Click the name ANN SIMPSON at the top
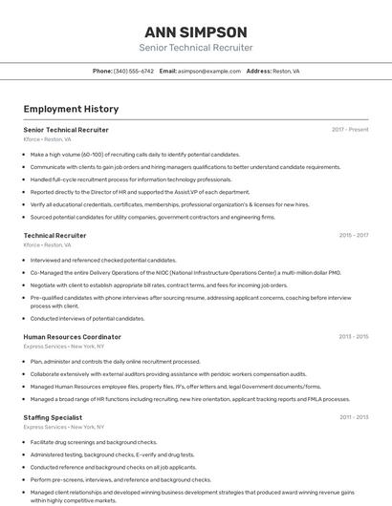point(195,32)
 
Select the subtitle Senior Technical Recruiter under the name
point(195,48)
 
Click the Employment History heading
point(71,110)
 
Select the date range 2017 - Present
point(350,130)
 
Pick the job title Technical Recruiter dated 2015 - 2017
point(54,235)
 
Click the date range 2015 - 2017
point(353,235)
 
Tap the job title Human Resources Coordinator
point(72,337)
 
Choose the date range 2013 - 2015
point(353,337)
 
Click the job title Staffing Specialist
point(53,417)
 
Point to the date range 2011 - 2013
point(353,417)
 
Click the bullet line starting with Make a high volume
point(135,154)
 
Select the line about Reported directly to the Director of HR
point(140,192)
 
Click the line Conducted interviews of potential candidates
point(87,318)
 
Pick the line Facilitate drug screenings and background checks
point(94,442)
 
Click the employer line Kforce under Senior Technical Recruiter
point(47,139)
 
